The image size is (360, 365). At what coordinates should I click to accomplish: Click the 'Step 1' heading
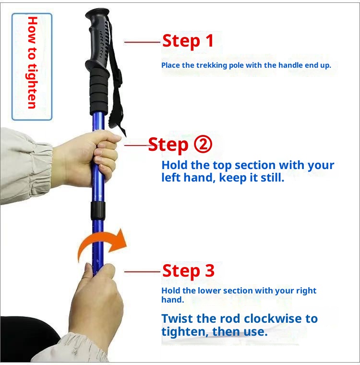click(188, 41)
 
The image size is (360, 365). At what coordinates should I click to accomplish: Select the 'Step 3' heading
click(188, 271)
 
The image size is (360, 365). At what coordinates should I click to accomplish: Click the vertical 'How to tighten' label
click(32, 62)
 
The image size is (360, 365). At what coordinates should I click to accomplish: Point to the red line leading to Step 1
click(142, 42)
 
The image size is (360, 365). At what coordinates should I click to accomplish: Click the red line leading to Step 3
click(142, 272)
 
